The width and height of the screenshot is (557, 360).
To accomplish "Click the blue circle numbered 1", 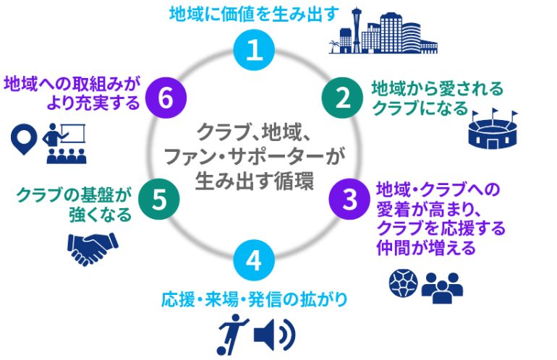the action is (254, 50).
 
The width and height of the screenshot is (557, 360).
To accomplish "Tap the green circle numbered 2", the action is (342, 98).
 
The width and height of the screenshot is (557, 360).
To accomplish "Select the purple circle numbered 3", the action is (349, 199).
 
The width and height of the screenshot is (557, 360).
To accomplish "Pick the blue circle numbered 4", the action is (254, 260).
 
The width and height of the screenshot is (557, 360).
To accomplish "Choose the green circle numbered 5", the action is (159, 199).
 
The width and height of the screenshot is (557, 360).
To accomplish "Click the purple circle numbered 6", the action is (166, 98).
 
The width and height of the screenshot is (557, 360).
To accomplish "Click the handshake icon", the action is (93, 249).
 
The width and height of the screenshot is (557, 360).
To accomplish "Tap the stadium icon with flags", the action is (493, 129).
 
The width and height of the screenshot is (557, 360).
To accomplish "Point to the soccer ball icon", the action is (403, 283).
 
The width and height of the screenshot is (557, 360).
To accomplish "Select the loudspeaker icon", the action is (274, 334).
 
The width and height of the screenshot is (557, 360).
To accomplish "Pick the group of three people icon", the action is (442, 288).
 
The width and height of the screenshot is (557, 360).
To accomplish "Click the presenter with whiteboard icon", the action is (64, 143).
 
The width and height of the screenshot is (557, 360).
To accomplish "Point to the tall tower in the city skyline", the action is (357, 30).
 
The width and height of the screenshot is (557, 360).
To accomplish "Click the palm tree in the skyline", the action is (334, 46).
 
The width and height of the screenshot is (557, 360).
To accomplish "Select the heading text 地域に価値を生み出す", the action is (254, 14).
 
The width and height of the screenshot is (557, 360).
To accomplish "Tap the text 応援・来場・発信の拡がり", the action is (255, 299).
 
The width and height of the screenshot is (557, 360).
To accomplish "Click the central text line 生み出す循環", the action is (255, 181).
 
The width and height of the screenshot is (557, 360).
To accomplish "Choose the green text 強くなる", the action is (100, 215).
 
